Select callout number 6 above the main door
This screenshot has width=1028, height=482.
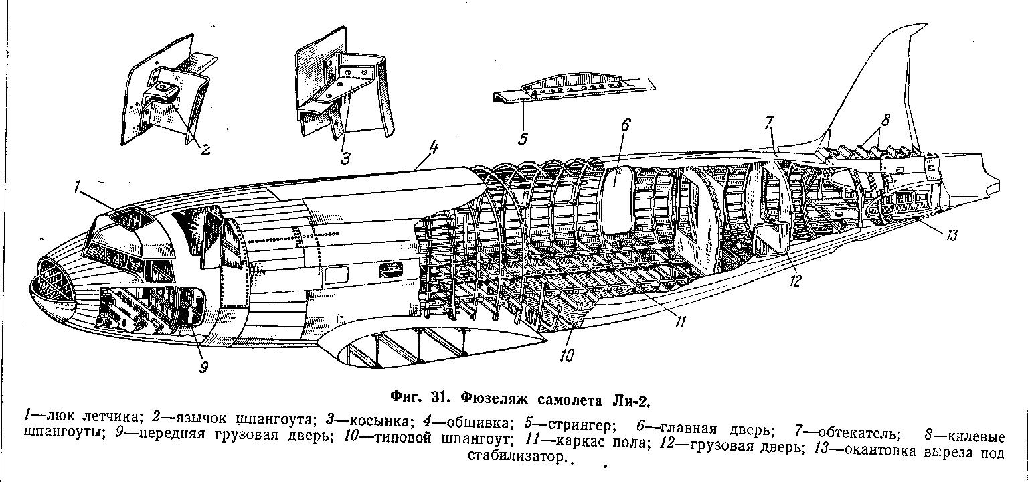coord(625,125)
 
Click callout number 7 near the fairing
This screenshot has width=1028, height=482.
coord(770,123)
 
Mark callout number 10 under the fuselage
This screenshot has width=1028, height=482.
coord(567,355)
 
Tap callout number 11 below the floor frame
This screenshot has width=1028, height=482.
coord(680,321)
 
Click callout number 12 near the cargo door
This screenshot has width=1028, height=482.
coord(794,280)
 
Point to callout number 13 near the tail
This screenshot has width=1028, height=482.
coord(952,234)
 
